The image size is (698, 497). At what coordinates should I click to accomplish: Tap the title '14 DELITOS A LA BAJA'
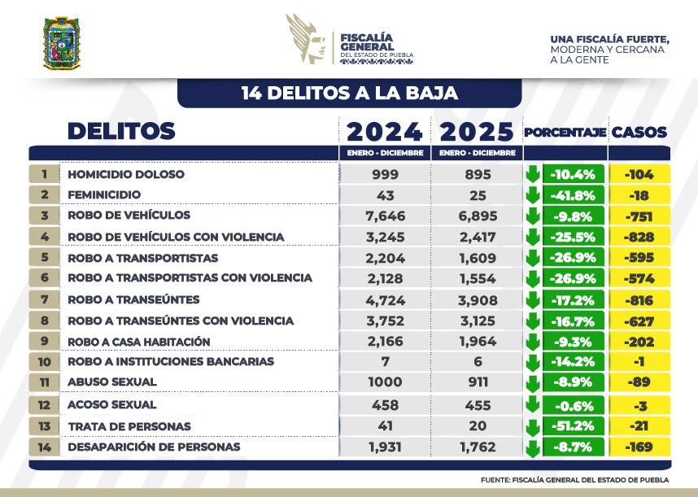(x=349, y=93)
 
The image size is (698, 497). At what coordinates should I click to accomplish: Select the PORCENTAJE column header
(x=565, y=132)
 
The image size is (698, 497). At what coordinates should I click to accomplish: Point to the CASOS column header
(x=639, y=132)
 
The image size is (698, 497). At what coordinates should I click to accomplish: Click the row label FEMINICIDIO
(x=104, y=194)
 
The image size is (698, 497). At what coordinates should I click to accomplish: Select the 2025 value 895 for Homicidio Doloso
(x=478, y=174)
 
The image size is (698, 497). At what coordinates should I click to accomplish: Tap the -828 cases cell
(x=639, y=236)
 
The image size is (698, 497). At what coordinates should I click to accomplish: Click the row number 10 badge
(x=44, y=360)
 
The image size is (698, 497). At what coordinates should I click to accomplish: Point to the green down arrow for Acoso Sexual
(x=533, y=404)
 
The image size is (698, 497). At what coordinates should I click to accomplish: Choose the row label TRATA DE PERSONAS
(x=129, y=426)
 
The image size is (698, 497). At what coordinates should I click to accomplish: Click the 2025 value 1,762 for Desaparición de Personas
(x=478, y=447)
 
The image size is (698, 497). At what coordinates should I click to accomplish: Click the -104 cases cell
(x=639, y=174)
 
